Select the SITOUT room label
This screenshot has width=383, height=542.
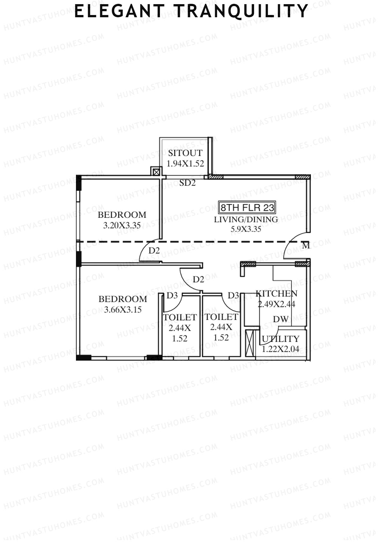[x=185, y=153]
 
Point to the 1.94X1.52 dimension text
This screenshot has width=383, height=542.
[x=185, y=164]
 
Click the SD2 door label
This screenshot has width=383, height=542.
[x=187, y=183]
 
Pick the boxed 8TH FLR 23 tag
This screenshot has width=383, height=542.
[x=247, y=208]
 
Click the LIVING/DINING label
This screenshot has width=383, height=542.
[x=246, y=219]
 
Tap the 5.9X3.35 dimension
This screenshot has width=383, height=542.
[x=246, y=229]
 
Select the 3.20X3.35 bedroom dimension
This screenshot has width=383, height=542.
[x=122, y=225]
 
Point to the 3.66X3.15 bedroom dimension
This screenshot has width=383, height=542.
[x=123, y=309]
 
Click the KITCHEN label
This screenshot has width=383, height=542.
[x=276, y=294]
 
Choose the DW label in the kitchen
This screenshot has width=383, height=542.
[x=281, y=319]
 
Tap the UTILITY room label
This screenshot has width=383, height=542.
[x=281, y=339]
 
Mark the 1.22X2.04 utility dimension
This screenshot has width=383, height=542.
[x=281, y=349]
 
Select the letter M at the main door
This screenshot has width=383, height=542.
[x=306, y=246]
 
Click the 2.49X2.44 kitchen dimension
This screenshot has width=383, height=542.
[x=276, y=304]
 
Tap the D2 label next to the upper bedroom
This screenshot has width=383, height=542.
[x=154, y=251]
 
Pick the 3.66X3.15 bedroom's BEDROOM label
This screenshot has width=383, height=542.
[x=123, y=299]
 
